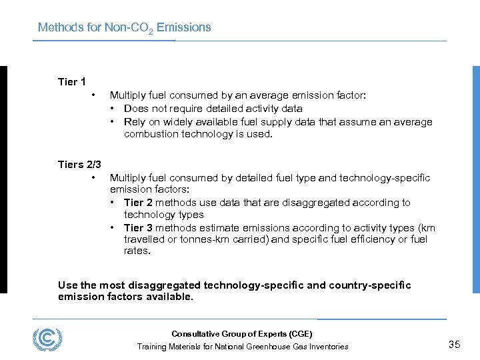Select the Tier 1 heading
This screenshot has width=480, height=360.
point(72,82)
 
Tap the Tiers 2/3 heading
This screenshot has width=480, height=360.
point(79,165)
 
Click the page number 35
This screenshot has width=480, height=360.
point(455,345)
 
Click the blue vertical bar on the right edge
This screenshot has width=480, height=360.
point(476,179)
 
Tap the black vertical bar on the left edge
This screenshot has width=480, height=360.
point(3,179)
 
